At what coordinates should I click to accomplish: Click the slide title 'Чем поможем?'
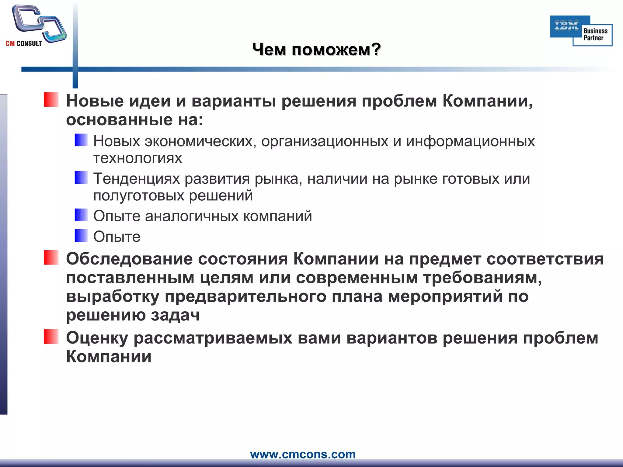pyautogui.click(x=316, y=49)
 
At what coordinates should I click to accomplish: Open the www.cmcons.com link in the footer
pyautogui.click(x=303, y=454)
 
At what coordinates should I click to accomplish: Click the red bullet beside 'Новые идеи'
pyautogui.click(x=51, y=100)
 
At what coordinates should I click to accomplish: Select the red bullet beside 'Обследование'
pyautogui.click(x=51, y=258)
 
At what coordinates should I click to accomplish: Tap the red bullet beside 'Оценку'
pyautogui.click(x=51, y=337)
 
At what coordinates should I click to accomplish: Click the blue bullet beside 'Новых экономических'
pyautogui.click(x=81, y=140)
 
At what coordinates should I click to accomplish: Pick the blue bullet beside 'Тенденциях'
pyautogui.click(x=81, y=178)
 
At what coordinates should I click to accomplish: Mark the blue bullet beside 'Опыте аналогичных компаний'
pyautogui.click(x=81, y=215)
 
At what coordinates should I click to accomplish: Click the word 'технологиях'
pyautogui.click(x=137, y=158)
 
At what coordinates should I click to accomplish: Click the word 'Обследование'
pyautogui.click(x=129, y=259)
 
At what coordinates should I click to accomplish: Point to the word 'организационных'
pyautogui.click(x=325, y=141)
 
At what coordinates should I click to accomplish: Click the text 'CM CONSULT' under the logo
pyautogui.click(x=24, y=43)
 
